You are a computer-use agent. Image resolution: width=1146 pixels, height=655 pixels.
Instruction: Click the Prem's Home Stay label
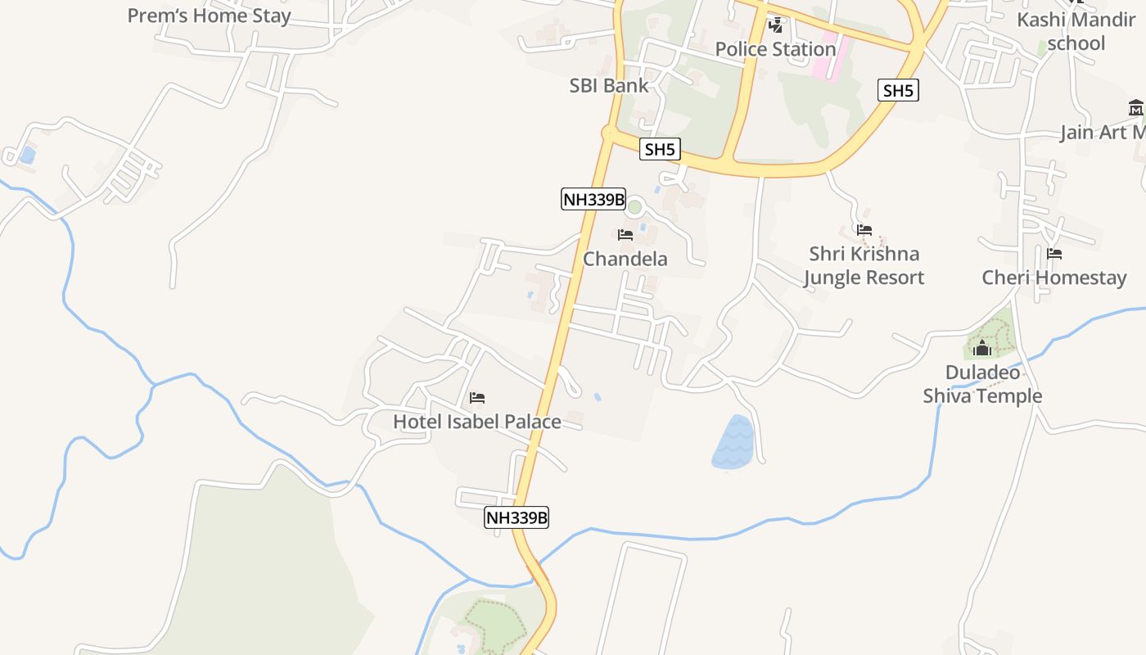pos(209,16)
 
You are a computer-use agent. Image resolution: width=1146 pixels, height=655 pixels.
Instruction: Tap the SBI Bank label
pos(608,85)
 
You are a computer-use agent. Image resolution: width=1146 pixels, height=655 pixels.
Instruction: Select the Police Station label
pos(775,49)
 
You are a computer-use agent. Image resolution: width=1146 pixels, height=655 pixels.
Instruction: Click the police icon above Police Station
pos(775,25)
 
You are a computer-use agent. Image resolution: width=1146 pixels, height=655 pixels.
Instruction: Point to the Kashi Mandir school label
pos(1076,31)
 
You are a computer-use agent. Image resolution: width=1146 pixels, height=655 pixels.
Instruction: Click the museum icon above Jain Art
pos(1135,107)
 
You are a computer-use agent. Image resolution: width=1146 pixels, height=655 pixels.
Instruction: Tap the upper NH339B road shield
pos(593,199)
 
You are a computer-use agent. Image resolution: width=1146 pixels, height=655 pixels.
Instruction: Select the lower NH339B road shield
pos(517,517)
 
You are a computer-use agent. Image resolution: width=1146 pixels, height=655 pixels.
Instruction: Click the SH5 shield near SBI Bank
pos(660,149)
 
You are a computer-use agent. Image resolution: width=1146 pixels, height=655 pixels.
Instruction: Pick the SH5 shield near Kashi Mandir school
pos(898,90)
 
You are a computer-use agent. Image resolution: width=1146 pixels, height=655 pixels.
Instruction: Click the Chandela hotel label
pos(625,259)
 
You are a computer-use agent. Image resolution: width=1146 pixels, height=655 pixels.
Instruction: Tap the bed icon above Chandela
pos(625,235)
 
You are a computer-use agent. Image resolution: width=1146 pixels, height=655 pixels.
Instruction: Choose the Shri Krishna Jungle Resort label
pos(864,265)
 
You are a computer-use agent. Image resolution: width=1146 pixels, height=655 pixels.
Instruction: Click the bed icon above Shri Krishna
pos(864,230)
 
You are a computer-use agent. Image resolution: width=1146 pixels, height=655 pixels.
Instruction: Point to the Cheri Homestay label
pos(1054,278)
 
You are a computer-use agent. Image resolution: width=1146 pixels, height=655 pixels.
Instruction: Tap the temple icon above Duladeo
pos(982,349)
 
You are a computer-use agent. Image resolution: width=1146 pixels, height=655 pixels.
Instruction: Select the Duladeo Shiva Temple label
pos(982,384)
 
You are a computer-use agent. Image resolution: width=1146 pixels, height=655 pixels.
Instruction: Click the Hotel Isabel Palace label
pos(477,422)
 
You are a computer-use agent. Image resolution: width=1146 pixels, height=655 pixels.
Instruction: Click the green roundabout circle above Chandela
pos(634,206)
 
